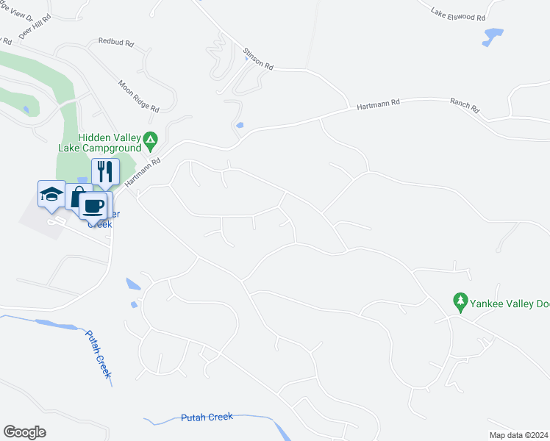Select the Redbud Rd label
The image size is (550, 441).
116,43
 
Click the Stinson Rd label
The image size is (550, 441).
258,60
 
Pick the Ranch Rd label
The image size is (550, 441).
465,107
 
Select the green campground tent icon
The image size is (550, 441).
151,138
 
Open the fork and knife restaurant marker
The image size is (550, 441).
105,171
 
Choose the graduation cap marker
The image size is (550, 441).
51,194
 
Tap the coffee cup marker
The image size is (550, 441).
93,206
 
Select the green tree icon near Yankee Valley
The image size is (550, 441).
461,300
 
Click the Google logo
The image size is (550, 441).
24,432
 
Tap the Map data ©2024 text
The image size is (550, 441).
518,435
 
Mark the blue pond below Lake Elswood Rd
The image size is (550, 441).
493,35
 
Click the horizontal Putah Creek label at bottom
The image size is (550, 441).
207,417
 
